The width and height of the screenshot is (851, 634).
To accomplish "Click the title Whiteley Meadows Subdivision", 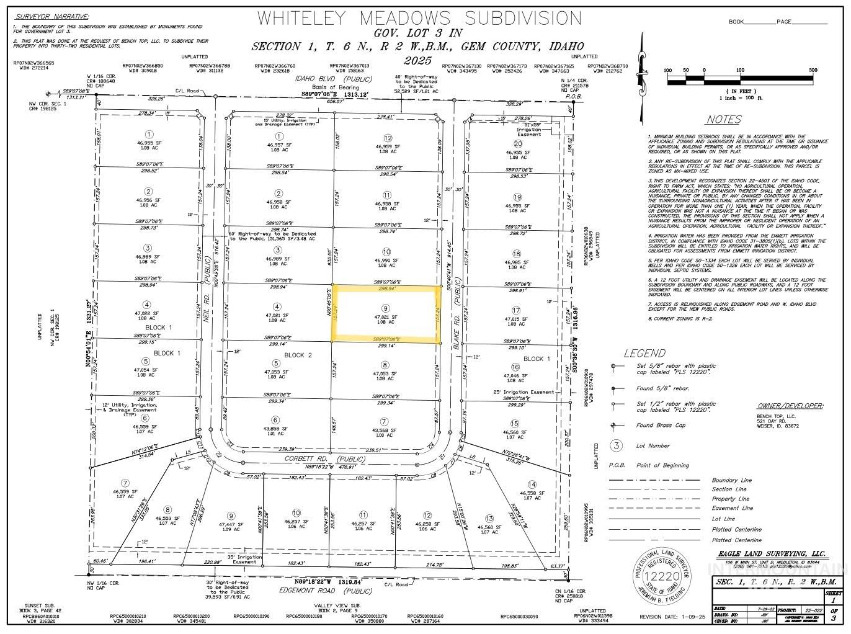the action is pos(419,17).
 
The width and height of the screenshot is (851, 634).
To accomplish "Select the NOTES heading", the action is pos(723,120).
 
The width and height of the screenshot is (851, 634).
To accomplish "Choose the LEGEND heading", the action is pos(644,353).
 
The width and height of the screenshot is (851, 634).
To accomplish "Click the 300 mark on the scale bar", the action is pos(813,70).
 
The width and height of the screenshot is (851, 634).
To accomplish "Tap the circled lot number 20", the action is pos(518,144).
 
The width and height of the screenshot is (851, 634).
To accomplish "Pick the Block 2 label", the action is pos(298,355).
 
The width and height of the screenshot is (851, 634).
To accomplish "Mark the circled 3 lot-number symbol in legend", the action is pos(616,445).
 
